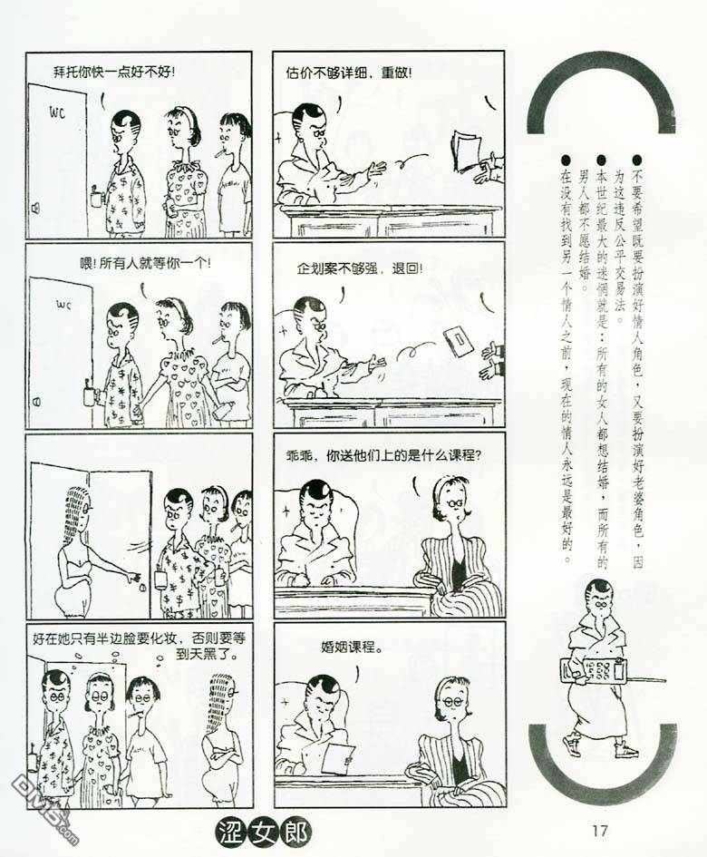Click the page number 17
tap(599, 830)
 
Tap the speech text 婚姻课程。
tap(352, 648)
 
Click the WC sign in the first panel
tap(57, 113)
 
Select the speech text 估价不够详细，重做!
tap(349, 73)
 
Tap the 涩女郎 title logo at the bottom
tap(263, 833)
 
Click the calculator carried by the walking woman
tap(593, 670)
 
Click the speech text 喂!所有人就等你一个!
tap(145, 263)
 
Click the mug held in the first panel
tap(97, 196)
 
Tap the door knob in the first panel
tap(35, 208)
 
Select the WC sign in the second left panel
tap(63, 305)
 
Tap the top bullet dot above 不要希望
tap(636, 160)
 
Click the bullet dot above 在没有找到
tap(566, 160)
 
